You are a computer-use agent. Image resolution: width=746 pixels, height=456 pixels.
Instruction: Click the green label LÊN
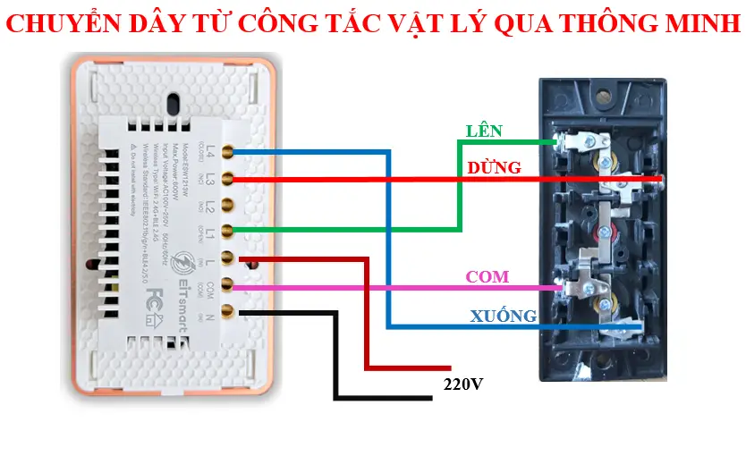point(484,131)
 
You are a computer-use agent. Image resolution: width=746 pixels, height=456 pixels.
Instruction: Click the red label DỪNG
point(494,167)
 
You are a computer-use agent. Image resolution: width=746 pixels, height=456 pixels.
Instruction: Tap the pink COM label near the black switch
point(487,277)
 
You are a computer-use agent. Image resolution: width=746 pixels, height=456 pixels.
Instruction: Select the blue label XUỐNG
point(504,316)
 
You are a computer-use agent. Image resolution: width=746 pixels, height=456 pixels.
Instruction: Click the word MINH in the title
point(699,24)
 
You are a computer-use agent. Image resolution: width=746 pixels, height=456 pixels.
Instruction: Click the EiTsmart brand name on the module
point(178,303)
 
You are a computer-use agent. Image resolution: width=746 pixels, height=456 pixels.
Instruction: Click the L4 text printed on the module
point(211,150)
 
